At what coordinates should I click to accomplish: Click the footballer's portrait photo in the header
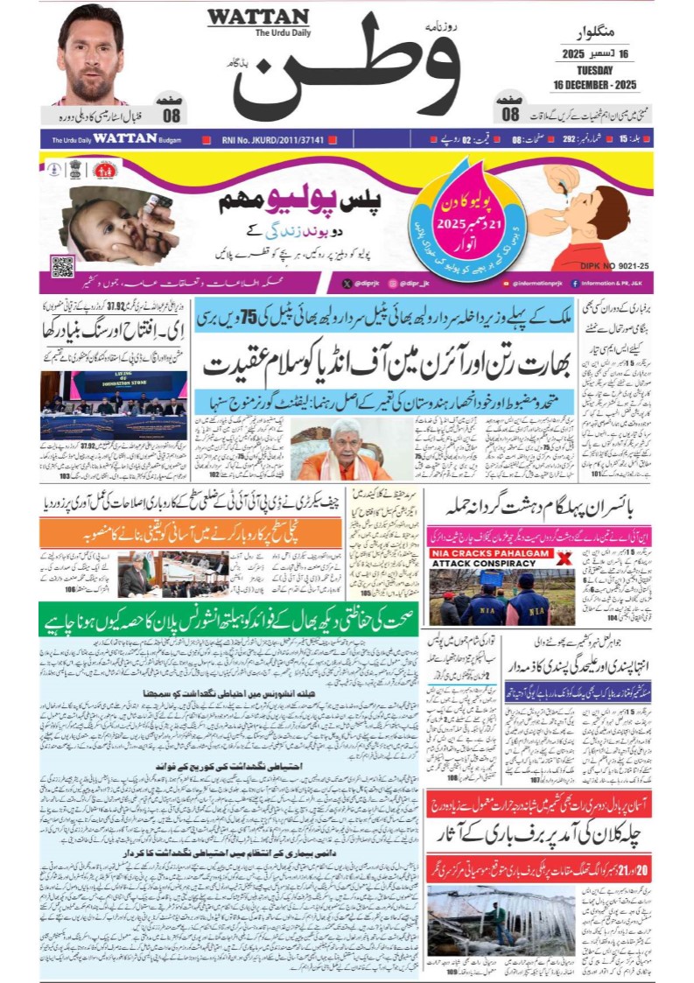pyautogui.click(x=91, y=54)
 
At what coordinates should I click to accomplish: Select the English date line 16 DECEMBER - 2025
pyautogui.click(x=594, y=85)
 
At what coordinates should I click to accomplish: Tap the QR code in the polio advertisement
pyautogui.click(x=62, y=266)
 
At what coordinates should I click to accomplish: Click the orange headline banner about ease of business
pyautogui.click(x=191, y=531)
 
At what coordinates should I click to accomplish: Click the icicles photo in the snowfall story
pyautogui.click(x=501, y=919)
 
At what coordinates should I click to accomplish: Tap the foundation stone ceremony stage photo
pyautogui.click(x=113, y=405)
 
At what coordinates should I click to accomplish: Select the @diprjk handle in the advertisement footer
pyautogui.click(x=368, y=284)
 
